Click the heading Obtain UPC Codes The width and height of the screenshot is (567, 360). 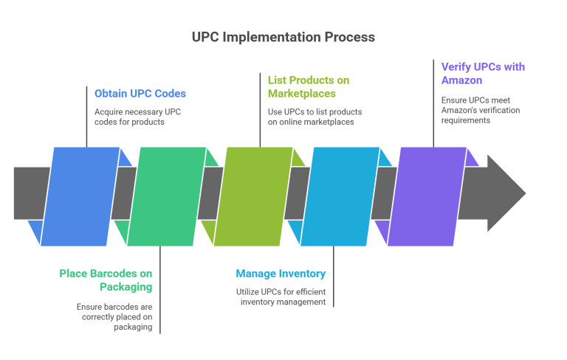[140, 94]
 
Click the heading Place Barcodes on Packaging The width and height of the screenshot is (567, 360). [106, 280]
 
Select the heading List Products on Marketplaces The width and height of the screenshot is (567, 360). [308, 86]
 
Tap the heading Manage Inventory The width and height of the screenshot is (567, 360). [281, 274]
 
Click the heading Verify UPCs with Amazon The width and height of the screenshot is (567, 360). [483, 73]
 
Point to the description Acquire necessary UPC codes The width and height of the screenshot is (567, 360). [138, 117]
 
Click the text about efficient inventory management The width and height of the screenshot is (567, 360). [281, 297]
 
